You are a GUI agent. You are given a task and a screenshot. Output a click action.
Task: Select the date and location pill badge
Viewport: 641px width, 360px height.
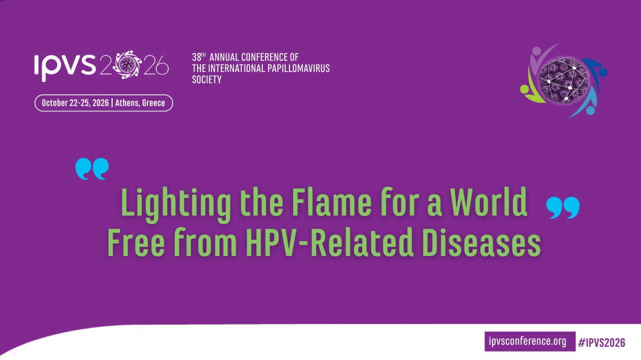tap(104, 103)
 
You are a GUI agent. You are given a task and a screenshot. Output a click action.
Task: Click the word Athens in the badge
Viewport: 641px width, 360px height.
tap(130, 103)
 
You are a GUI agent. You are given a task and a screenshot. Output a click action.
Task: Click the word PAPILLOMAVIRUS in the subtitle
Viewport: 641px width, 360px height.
tap(300, 68)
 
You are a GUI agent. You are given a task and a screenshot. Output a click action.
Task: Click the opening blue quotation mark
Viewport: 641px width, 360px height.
tap(92, 169)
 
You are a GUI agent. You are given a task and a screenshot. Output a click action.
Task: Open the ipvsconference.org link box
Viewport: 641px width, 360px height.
tap(527, 341)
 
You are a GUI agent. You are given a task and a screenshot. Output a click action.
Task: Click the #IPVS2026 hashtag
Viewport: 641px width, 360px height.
tap(601, 341)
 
